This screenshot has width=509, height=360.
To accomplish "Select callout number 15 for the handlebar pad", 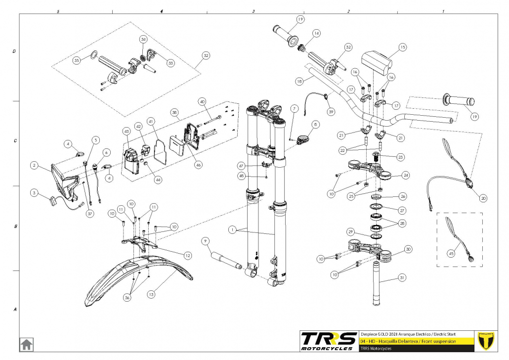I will pyautogui.click(x=402, y=47).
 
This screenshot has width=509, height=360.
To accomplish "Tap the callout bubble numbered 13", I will pyautogui.click(x=151, y=294).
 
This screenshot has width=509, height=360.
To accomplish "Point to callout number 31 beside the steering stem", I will pyautogui.click(x=402, y=277).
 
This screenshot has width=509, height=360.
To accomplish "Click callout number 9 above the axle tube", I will pyautogui.click(x=207, y=241).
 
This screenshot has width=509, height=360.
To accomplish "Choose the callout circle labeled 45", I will pyautogui.click(x=451, y=253).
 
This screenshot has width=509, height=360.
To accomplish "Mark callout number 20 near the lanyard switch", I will pyautogui.click(x=483, y=198).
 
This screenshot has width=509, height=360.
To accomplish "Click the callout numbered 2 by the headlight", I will pyautogui.click(x=34, y=165).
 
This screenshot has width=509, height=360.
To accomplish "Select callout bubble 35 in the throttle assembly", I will pyautogui.click(x=77, y=60).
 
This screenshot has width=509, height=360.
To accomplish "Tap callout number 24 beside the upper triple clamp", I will pyautogui.click(x=406, y=175).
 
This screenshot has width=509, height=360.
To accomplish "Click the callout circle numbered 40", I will pyautogui.click(x=202, y=101).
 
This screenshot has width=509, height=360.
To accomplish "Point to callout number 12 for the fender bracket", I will pyautogui.click(x=187, y=256).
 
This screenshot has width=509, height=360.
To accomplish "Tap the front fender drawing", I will pyautogui.click(x=133, y=277).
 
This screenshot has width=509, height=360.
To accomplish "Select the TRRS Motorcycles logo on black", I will pyautogui.click(x=329, y=340).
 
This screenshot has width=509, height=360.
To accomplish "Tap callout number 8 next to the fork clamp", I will pyautogui.click(x=316, y=124).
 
